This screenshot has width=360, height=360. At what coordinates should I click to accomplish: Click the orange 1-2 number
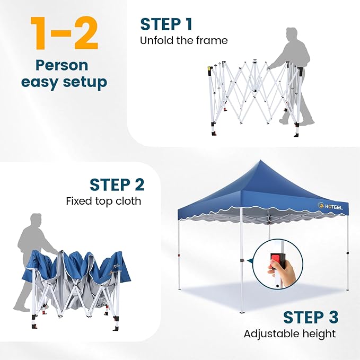point(64,33)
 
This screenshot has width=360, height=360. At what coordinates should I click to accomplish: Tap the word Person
point(62,65)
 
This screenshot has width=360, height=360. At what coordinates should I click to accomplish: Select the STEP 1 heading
point(166,24)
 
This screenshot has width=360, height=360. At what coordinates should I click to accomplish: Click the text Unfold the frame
point(183,41)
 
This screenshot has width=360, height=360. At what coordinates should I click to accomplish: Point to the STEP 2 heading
point(117,185)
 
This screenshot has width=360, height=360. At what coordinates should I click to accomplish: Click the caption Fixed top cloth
point(103,201)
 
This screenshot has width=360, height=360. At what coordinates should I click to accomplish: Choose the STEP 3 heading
point(311,318)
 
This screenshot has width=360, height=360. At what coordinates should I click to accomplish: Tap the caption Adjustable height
point(289,334)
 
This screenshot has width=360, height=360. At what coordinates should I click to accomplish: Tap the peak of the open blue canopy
point(260,160)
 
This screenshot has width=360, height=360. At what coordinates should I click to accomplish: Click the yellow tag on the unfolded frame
point(209,68)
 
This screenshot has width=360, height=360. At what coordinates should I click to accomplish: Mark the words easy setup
point(64,82)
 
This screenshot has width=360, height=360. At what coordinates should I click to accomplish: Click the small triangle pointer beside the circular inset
point(250,261)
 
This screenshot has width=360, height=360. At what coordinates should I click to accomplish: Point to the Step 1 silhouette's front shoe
point(283,120)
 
